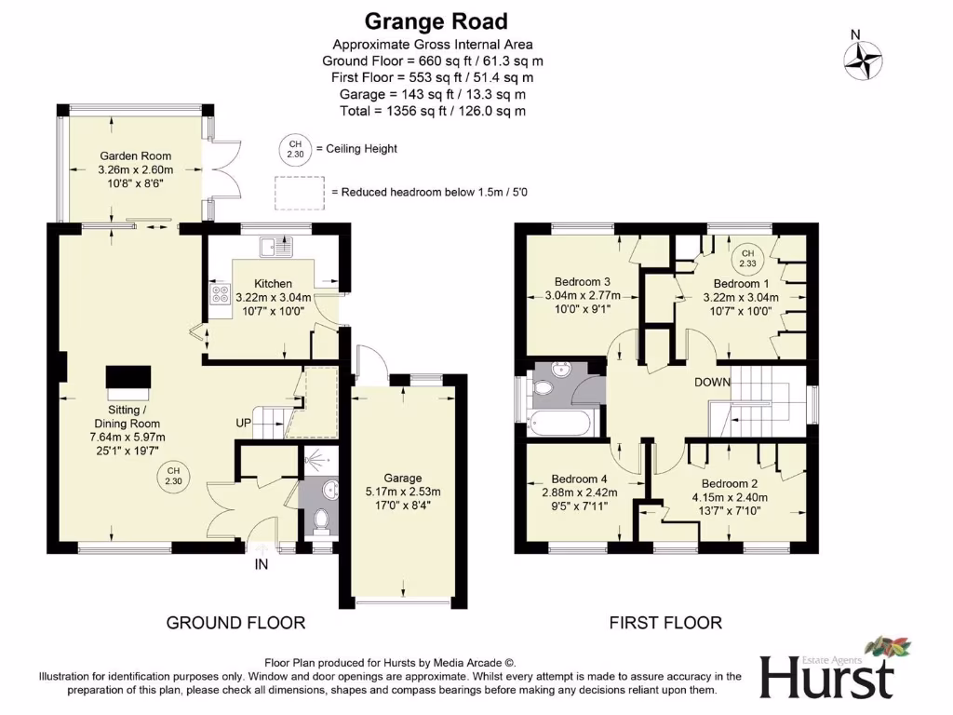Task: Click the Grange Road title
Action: click(436, 20)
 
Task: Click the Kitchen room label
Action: click(273, 284)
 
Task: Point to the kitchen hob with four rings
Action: click(221, 294)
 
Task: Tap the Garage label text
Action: click(403, 479)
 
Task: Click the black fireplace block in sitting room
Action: click(127, 377)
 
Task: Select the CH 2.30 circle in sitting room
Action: click(173, 477)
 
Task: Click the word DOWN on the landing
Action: click(711, 383)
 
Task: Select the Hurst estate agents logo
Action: click(826, 668)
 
